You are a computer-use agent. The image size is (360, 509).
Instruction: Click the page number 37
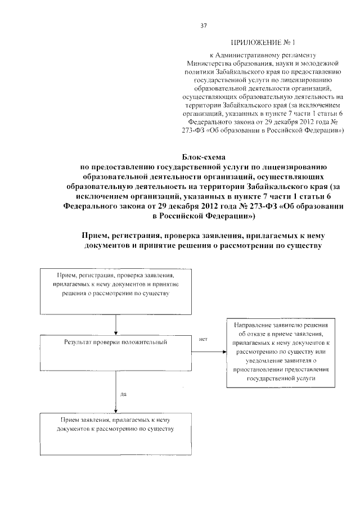coord(203,25)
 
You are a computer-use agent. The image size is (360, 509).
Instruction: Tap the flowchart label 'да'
coord(123,394)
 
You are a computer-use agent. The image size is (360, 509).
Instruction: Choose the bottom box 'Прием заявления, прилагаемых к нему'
coord(116,434)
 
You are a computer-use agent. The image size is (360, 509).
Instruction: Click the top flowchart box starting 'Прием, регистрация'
coord(116,291)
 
